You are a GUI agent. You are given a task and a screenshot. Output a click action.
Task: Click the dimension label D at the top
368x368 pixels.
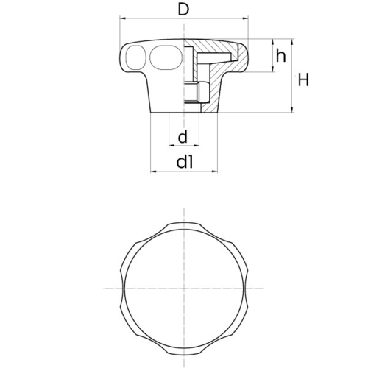point(184,10)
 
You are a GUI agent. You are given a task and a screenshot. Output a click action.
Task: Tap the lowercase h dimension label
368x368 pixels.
point(281,55)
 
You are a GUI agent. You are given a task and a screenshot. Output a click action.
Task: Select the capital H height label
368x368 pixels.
point(303,79)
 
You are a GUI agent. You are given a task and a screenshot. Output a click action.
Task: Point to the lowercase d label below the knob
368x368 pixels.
point(183,137)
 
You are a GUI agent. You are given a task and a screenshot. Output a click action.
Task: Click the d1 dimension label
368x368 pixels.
point(185,162)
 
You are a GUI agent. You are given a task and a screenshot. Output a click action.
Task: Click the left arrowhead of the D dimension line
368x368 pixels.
point(122,18)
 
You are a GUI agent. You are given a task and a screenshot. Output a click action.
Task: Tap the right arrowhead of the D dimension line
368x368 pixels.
point(246,18)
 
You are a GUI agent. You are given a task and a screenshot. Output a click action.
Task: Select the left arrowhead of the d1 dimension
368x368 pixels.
point(153,171)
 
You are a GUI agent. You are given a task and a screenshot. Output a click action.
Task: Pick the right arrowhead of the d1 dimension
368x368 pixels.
point(215,171)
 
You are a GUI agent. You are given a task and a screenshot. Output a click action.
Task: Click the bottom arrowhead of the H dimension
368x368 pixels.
point(291,110)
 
